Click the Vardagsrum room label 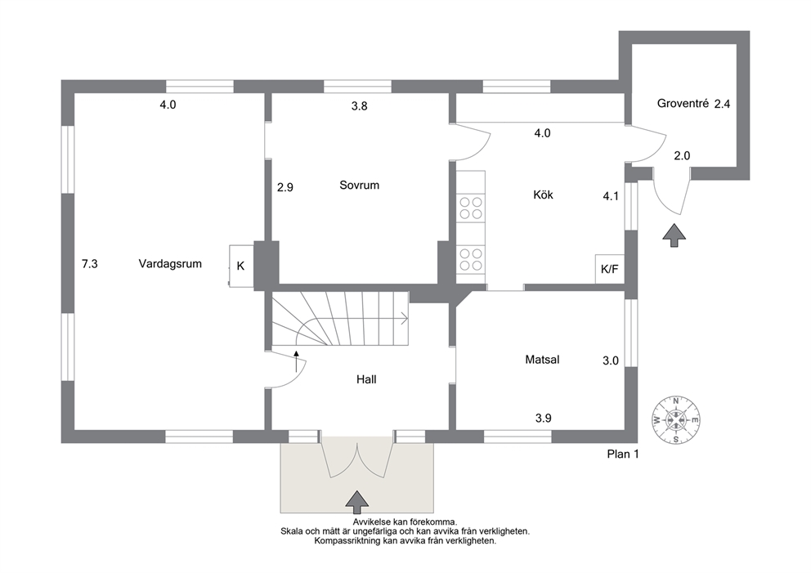click(x=170, y=264)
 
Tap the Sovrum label click(x=359, y=185)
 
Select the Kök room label click(x=543, y=195)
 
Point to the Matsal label click(x=542, y=360)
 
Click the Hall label click(x=366, y=379)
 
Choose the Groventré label click(x=682, y=104)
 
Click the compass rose click(x=675, y=420)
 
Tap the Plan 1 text click(x=623, y=454)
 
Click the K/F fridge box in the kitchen click(x=610, y=269)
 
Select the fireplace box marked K click(x=241, y=266)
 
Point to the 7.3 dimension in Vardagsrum click(x=89, y=264)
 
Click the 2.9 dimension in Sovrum click(x=285, y=187)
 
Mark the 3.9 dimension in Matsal click(x=543, y=418)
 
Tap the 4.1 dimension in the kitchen click(x=611, y=196)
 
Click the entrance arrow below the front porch click(x=357, y=499)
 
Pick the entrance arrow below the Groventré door click(x=674, y=235)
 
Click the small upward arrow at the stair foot click(x=297, y=361)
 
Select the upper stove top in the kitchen click(x=471, y=208)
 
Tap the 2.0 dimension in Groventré click(x=682, y=155)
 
